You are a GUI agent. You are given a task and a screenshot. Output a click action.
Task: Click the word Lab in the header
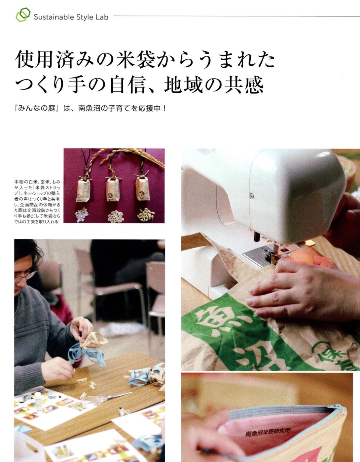tap(102, 17)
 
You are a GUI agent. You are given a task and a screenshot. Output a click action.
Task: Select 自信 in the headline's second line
tap(127, 85)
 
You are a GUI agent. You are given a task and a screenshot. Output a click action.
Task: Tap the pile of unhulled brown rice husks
tap(145, 215)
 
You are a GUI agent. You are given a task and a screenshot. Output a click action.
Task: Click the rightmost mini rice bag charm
tap(143, 188)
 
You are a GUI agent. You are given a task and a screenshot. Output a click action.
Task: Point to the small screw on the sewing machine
tap(252, 196)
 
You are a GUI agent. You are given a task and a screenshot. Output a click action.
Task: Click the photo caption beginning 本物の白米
tap(37, 201)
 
